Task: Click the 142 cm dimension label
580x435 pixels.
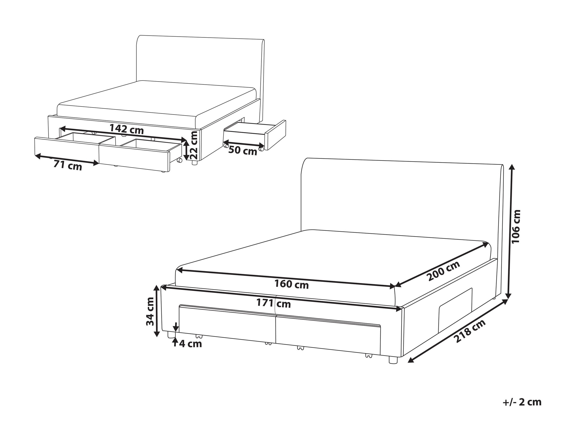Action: coord(127,129)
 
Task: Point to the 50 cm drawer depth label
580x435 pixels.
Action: coord(243,151)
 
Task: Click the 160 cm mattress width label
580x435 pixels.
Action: coord(292,284)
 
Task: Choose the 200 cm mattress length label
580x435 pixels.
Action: coord(443,271)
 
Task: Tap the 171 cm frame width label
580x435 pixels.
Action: coord(274,304)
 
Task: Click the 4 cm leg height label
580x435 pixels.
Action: coord(191,344)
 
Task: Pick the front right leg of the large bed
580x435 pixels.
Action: coord(393,360)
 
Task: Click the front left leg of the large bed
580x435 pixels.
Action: coord(171,335)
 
